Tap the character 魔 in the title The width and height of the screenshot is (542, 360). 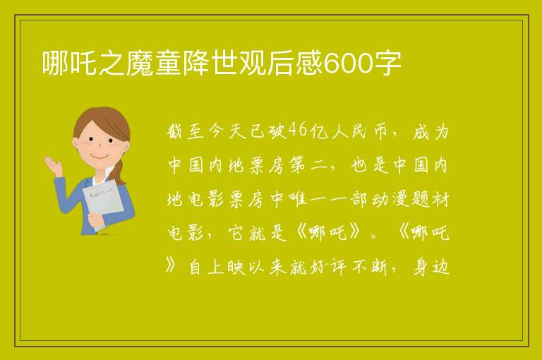click(x=140, y=63)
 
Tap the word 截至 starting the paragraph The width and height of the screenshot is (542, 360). click(x=185, y=131)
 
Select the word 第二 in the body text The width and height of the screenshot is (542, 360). click(x=308, y=165)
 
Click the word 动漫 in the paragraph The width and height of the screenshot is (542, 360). click(x=390, y=199)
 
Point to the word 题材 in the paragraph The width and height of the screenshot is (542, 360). click(x=430, y=199)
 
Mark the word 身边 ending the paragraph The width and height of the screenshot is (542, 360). click(x=430, y=267)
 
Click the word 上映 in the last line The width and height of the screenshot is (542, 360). click(x=227, y=267)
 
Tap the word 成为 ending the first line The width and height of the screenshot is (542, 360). click(x=430, y=131)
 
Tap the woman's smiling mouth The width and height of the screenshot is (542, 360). click(x=100, y=157)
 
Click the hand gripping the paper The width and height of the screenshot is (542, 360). click(x=95, y=220)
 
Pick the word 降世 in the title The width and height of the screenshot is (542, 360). click(x=197, y=63)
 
